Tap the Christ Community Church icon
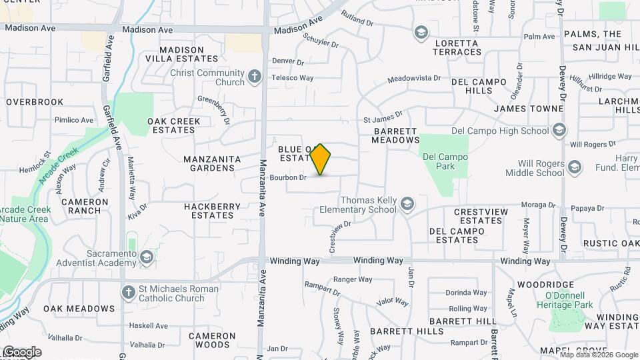tap(254, 77)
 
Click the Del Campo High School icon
tap(560, 130)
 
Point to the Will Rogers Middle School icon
tap(575, 165)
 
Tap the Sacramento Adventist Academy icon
tap(146, 257)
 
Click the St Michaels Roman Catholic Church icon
tap(129, 293)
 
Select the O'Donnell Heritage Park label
tap(564, 300)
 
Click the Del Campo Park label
tap(445, 161)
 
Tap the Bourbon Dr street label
tap(288, 177)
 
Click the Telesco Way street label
tap(292, 78)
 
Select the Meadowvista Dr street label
tap(414, 79)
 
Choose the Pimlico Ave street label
tap(74, 120)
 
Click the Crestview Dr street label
tap(339, 237)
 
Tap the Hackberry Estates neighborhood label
tap(212, 211)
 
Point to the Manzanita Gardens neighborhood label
tap(209, 163)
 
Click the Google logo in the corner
tap(21, 352)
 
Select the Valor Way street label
tap(392, 302)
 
